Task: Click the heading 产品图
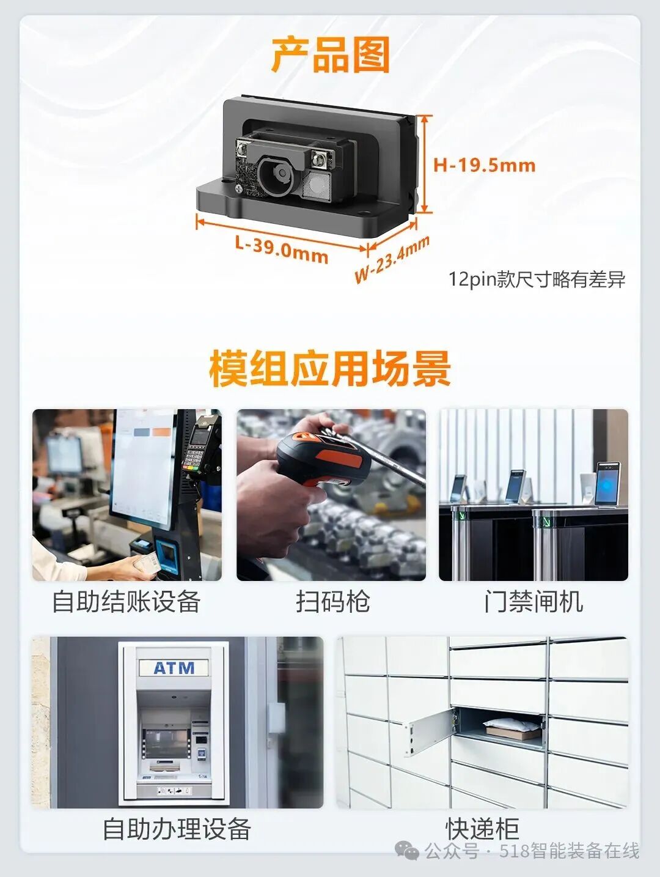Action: click(x=330, y=55)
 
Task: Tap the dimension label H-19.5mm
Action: click(x=484, y=165)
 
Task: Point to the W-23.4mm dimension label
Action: click(x=392, y=260)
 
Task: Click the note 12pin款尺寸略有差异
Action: click(x=537, y=279)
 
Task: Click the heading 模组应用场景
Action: click(x=330, y=368)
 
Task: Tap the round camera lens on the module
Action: click(x=279, y=175)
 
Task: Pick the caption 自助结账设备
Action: click(x=127, y=601)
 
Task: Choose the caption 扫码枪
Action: click(x=332, y=601)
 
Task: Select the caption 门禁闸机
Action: click(x=533, y=601)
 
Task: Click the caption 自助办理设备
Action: click(x=177, y=829)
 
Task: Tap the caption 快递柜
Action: click(x=482, y=829)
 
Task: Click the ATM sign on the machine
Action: click(x=174, y=668)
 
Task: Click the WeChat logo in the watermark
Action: click(x=407, y=851)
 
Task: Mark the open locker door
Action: click(x=428, y=734)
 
